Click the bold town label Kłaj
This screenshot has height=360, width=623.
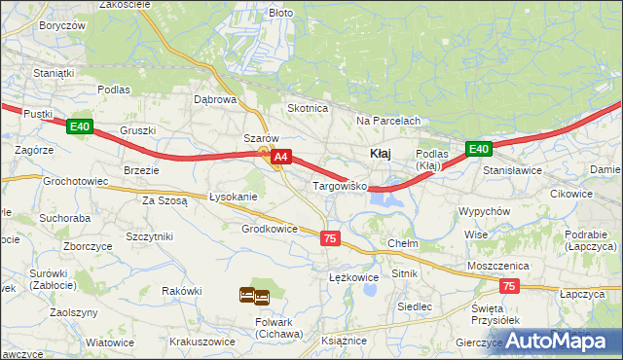click(380, 153)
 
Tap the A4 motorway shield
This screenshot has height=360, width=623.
click(280, 156)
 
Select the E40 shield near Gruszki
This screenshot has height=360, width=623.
click(80, 126)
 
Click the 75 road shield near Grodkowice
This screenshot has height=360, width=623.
click(330, 238)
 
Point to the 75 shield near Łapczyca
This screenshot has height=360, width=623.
click(509, 286)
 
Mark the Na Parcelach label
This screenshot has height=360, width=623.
click(387, 121)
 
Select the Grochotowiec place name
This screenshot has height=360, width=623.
click(75, 180)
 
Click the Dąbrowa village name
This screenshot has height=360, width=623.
click(215, 99)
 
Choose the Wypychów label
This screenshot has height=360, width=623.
click(484, 211)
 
